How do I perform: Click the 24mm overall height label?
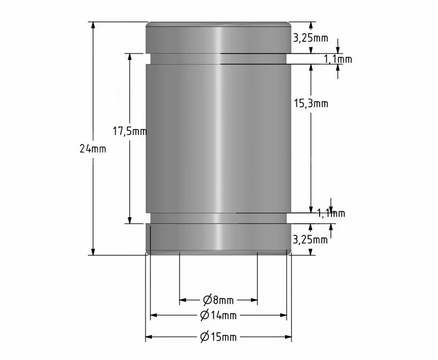[x=93, y=149]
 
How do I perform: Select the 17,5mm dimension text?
[x=130, y=131]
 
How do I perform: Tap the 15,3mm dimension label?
[x=311, y=104]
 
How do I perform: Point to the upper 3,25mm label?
[x=311, y=38]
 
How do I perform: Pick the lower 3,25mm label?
[x=310, y=239]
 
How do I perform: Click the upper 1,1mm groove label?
[x=338, y=59]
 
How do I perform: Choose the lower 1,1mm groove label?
[x=331, y=213]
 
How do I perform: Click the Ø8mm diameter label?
[x=218, y=300]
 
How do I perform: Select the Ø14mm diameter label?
[x=218, y=316]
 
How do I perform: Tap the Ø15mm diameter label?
[x=218, y=337]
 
